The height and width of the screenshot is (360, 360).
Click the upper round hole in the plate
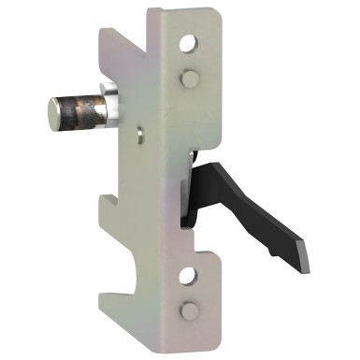click(x=191, y=44)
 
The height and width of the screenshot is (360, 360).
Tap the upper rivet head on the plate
click(x=190, y=79)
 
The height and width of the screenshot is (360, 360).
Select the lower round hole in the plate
click(x=190, y=275)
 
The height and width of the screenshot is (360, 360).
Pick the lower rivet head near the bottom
click(x=190, y=310)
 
